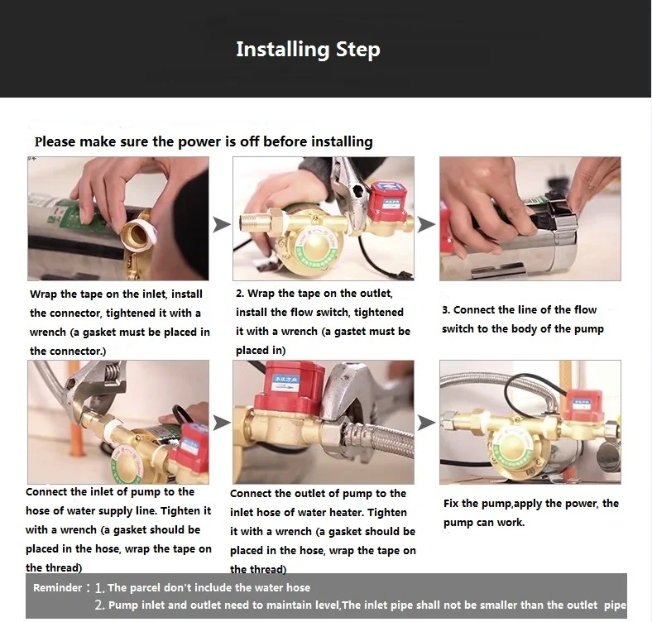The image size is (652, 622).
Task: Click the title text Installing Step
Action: coord(308,50)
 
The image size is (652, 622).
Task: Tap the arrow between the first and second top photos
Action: coord(222,224)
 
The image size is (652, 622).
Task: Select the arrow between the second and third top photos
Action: coord(427,224)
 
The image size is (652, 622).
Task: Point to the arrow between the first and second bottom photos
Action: coord(222,423)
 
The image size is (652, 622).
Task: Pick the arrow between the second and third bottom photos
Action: coord(427,423)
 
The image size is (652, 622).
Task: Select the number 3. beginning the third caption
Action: coord(446,310)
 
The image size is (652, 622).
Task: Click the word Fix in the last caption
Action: coord(451,504)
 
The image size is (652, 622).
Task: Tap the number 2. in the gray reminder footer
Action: coord(99,605)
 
